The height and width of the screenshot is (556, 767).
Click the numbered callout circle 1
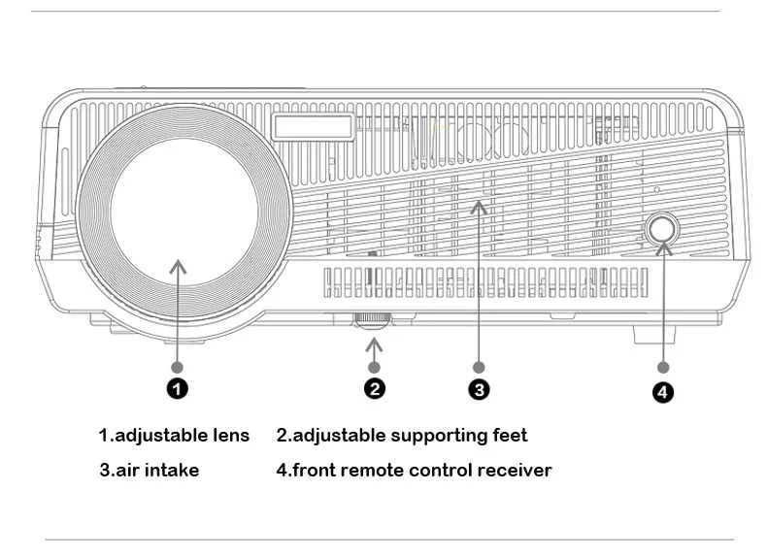178,389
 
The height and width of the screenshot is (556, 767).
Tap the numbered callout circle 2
375,389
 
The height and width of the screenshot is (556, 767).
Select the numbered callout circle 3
479,390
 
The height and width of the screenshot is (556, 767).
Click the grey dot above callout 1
178,367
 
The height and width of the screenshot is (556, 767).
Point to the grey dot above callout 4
664,368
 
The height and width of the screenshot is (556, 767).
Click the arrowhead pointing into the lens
178,263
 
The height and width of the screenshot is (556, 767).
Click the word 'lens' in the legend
229,436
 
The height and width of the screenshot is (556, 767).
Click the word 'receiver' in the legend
515,471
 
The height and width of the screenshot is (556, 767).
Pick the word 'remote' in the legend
357,471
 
